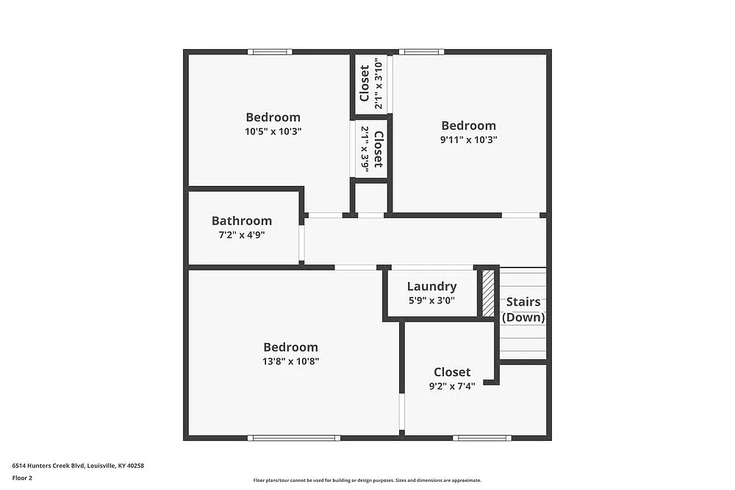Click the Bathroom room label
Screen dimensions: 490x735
242,220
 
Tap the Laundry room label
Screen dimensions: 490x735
431,287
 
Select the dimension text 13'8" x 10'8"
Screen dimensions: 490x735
291,361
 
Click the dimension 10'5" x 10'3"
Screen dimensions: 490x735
273,131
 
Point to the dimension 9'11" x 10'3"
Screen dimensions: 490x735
468,140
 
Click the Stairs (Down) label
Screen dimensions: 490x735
523,310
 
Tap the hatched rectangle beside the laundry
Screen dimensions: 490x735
488,293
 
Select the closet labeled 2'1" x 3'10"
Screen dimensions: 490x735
371,83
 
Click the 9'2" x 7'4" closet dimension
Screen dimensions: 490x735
452,386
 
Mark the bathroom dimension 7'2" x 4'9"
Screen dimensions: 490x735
241,235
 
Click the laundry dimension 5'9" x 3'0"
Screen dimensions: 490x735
431,300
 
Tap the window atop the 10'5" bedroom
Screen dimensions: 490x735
270,52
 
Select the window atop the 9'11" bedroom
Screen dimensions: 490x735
421,52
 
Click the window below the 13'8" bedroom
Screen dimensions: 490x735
294,438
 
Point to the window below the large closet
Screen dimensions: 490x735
481,438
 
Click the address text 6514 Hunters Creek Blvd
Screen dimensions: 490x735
78,465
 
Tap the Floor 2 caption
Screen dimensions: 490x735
22,478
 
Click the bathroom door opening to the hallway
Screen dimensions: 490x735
301,243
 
